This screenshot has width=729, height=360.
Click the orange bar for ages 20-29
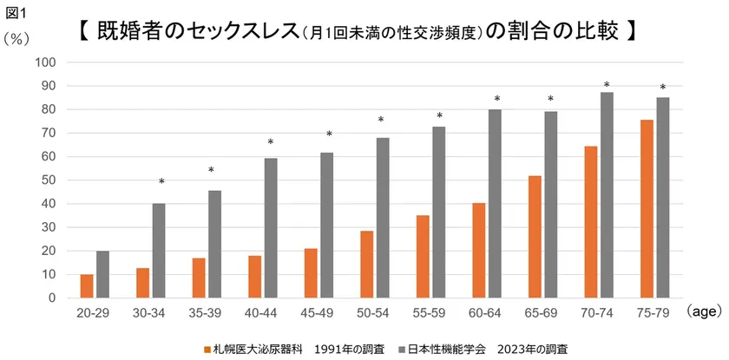click(x=87, y=286)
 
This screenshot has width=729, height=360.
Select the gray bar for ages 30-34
click(x=158, y=252)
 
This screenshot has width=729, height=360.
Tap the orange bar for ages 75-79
click(x=647, y=209)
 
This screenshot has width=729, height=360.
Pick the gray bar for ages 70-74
click(x=607, y=195)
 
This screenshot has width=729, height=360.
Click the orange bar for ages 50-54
click(x=367, y=265)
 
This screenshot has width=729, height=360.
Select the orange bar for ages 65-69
click(x=535, y=237)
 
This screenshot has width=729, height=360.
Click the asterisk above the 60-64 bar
click(x=497, y=99)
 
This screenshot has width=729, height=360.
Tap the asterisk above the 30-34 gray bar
click(x=161, y=182)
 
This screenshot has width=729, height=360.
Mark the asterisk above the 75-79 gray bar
click(x=662, y=88)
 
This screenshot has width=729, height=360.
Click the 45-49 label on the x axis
click(x=321, y=311)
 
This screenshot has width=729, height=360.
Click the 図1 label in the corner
click(x=17, y=12)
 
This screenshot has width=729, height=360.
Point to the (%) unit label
click(x=18, y=38)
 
